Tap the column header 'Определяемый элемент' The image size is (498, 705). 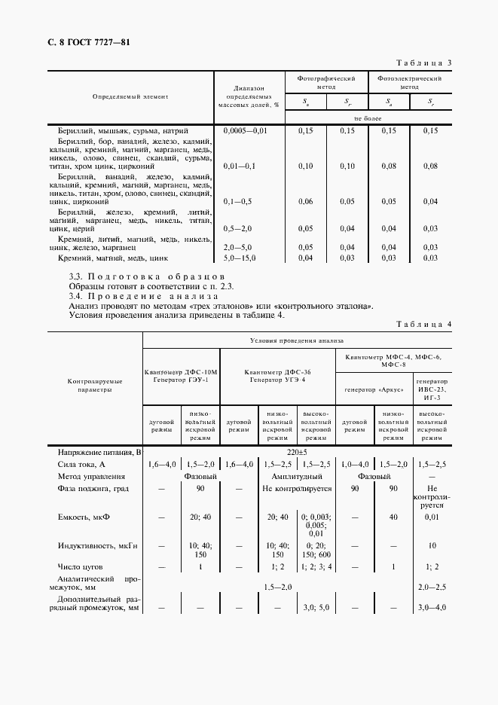pyautogui.click(x=130, y=97)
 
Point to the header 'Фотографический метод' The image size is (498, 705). pyautogui.click(x=325, y=82)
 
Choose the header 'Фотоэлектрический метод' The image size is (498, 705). pyautogui.click(x=409, y=82)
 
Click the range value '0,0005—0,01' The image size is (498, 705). pyautogui.click(x=246, y=130)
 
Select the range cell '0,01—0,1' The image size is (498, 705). pyautogui.click(x=240, y=166)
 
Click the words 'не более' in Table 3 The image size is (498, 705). pyautogui.click(x=368, y=118)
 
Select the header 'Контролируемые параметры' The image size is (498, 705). pyautogui.click(x=95, y=386)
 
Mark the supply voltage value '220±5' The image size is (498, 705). pyautogui.click(x=296, y=452)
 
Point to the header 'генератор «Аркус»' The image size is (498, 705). pyautogui.click(x=373, y=390)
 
